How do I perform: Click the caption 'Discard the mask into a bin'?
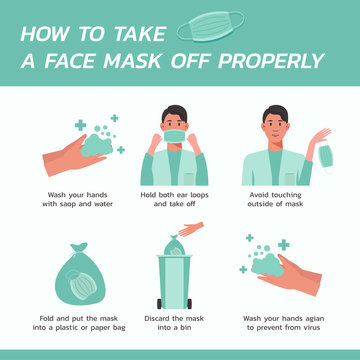pyautogui.click(x=180, y=324)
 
